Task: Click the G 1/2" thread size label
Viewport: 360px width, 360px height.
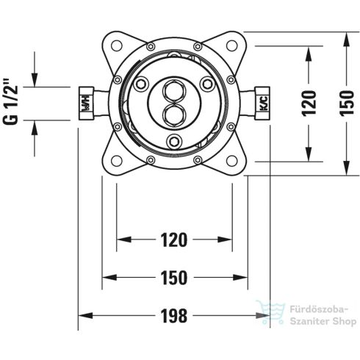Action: coord(10,101)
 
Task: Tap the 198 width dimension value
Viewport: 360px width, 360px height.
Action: coord(174,316)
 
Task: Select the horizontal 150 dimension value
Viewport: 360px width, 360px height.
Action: coord(174,278)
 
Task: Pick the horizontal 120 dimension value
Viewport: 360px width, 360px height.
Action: coord(174,240)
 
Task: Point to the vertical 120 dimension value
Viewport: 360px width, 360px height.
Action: coord(309,103)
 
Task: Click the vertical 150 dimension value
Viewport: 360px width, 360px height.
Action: coord(347,103)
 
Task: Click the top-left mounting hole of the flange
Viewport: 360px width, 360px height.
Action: coord(117,46)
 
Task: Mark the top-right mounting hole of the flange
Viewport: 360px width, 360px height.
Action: coord(231,46)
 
